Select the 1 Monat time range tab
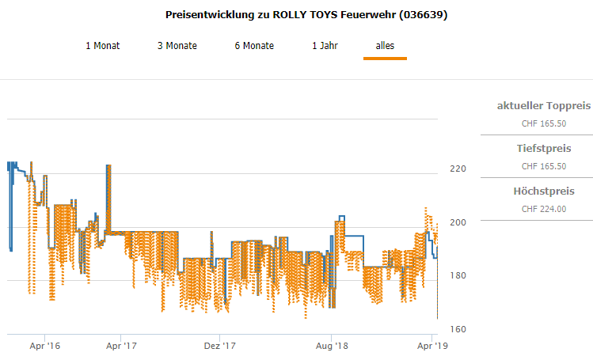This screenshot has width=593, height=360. coord(103,46)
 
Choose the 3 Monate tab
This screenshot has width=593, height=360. coord(177,46)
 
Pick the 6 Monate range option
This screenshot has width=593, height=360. coord(254,46)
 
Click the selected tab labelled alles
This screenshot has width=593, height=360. coord(385,46)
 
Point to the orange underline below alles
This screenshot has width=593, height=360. coord(385,58)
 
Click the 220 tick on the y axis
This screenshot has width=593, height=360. coord(458,169)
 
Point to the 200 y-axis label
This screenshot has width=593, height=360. coord(458,222)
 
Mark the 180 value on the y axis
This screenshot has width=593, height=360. coord(458,275)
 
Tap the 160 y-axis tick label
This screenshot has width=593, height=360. coord(458,329)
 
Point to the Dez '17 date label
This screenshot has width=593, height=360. coord(221,346)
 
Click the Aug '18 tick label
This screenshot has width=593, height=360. coord(332,346)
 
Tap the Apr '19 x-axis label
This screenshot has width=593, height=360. coord(431,346)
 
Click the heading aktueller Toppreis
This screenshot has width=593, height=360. coord(543,105)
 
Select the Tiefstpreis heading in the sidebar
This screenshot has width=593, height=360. coord(543,148)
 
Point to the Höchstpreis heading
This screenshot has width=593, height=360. coord(543,191)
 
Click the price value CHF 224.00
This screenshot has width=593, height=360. coord(543,209)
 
